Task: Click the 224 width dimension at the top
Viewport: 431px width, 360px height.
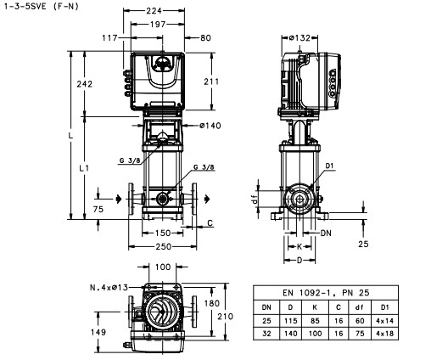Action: [x=154, y=11]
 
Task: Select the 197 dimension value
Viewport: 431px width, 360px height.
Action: [x=158, y=25]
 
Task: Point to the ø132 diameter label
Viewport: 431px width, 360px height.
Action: [x=299, y=37]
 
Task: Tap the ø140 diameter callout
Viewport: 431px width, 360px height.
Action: [x=210, y=126]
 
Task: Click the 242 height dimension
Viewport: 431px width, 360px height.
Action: [x=85, y=84]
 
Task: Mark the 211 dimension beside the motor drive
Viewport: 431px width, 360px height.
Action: [x=211, y=82]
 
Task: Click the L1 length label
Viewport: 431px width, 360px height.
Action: [x=84, y=168]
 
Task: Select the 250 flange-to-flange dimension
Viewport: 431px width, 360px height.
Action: [x=164, y=246]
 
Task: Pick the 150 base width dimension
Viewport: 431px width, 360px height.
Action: [x=163, y=233]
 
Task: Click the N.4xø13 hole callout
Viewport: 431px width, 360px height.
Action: [x=109, y=288]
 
